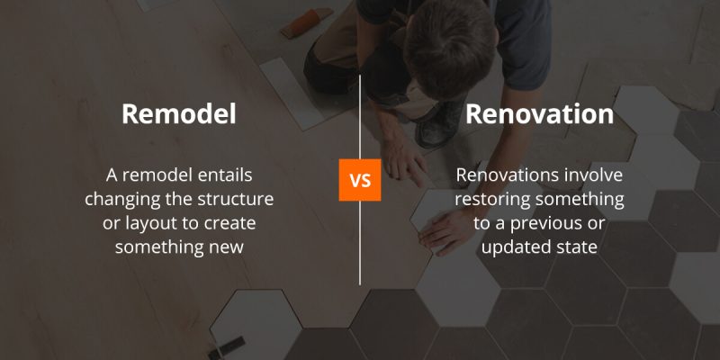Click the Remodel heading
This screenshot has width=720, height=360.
[x=178, y=115]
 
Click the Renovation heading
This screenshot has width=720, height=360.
[x=540, y=115]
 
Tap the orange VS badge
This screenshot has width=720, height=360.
[x=360, y=181]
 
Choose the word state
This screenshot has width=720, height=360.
[x=577, y=245]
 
